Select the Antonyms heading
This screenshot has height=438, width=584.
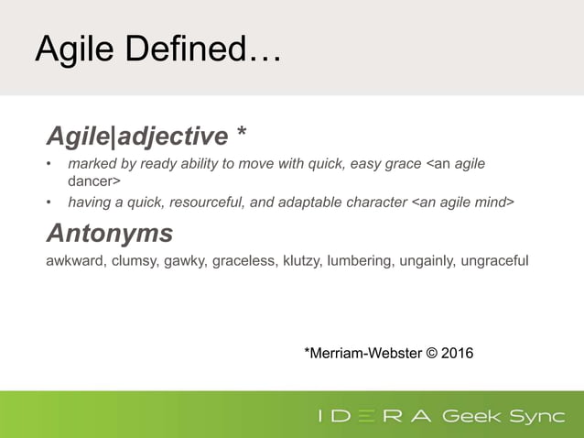coord(109,234)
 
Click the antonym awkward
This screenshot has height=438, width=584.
coord(76,261)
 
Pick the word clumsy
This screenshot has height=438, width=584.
coord(135,261)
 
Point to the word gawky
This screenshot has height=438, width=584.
coord(187,261)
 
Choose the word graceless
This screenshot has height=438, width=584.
coord(245,261)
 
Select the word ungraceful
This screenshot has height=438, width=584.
coord(497,261)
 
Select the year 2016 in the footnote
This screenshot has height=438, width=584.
coord(458,352)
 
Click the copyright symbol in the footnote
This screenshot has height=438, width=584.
coord(430,352)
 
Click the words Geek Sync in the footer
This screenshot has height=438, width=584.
coord(503,417)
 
